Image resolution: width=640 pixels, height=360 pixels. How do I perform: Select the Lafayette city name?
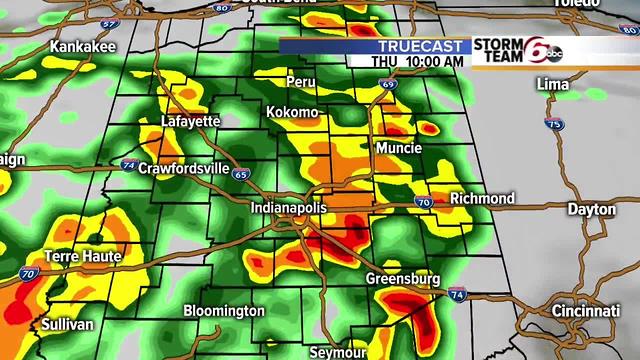point(190,121)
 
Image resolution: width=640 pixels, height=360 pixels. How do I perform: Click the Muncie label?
point(398,148)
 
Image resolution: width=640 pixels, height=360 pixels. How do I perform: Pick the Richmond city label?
point(482,198)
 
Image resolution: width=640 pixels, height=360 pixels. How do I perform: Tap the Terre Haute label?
point(82,257)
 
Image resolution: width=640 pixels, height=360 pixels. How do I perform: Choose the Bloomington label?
point(224,311)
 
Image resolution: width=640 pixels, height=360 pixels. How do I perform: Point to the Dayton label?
point(591,209)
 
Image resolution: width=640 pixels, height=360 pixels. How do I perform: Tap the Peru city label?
point(300,80)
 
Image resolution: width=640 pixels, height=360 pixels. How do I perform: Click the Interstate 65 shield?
point(240,173)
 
